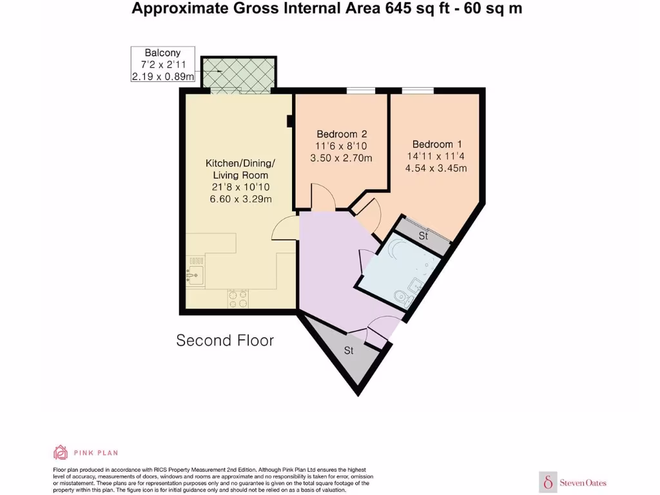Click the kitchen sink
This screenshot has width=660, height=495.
195,275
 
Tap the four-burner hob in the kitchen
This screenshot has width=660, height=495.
238,298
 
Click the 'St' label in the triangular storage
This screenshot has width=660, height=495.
349,351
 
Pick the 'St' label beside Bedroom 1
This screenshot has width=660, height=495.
423,237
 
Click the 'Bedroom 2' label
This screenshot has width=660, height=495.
341,134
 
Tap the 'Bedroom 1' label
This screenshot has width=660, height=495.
437,144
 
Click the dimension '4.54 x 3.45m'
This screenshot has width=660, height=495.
437,168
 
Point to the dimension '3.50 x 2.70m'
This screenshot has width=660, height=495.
341,158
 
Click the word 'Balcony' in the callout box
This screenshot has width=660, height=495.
162,52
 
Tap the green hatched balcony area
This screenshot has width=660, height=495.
239,72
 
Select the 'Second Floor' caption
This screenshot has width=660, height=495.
225,340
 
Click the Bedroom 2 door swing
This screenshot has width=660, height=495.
323,197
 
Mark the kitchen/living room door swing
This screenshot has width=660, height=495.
284,229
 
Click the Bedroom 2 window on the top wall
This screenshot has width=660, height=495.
362,90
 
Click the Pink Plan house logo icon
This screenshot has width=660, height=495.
61,452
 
